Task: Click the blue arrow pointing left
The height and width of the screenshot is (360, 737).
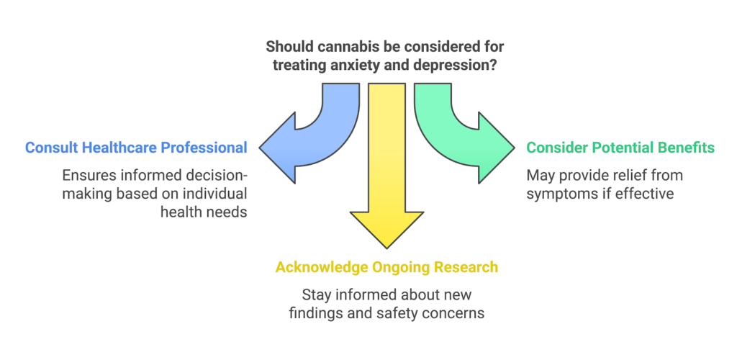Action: (302, 144)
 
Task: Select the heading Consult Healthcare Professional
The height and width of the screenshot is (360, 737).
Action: (136, 148)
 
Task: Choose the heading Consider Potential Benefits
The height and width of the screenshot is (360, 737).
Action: (620, 148)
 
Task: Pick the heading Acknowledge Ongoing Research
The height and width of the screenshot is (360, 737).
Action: (386, 267)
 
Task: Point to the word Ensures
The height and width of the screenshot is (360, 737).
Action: (88, 175)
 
